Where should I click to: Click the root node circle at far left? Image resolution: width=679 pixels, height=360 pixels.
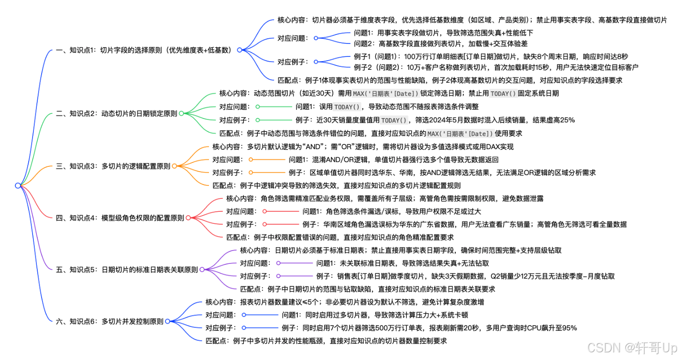click(18, 185)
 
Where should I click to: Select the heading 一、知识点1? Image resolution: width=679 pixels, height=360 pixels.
click(144, 50)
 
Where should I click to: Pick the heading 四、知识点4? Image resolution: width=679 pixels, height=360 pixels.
click(120, 218)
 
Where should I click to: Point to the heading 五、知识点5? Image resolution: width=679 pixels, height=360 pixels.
click(127, 270)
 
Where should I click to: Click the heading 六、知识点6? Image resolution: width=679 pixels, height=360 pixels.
click(110, 321)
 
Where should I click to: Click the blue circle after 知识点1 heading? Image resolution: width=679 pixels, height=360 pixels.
click(240, 50)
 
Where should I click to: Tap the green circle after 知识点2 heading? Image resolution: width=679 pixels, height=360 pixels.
click(181, 113)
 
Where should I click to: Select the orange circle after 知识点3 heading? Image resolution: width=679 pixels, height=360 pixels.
click(174, 166)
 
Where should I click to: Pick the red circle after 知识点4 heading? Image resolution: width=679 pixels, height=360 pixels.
click(188, 218)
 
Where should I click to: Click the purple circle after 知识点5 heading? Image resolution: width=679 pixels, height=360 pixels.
click(202, 270)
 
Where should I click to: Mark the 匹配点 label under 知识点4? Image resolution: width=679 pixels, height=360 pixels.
click(236, 237)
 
